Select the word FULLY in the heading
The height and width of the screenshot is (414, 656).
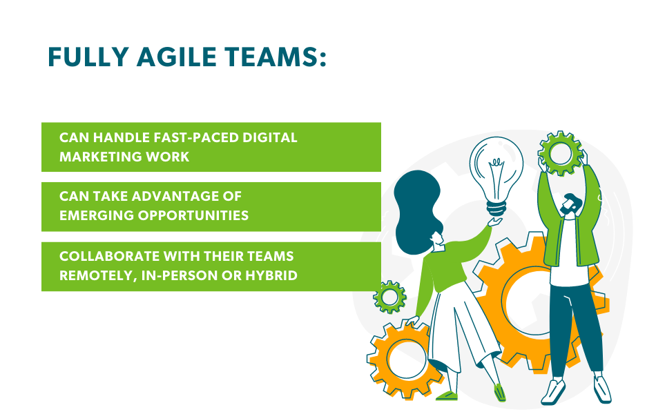88,57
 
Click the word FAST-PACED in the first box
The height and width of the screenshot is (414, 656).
196,137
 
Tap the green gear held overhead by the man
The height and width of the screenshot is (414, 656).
560,153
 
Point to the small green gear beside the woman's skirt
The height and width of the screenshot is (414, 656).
389,297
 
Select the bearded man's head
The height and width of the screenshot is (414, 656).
570,205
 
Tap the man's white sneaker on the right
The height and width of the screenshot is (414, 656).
602,389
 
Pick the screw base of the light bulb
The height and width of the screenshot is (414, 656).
496,208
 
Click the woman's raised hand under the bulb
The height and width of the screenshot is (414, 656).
495,221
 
